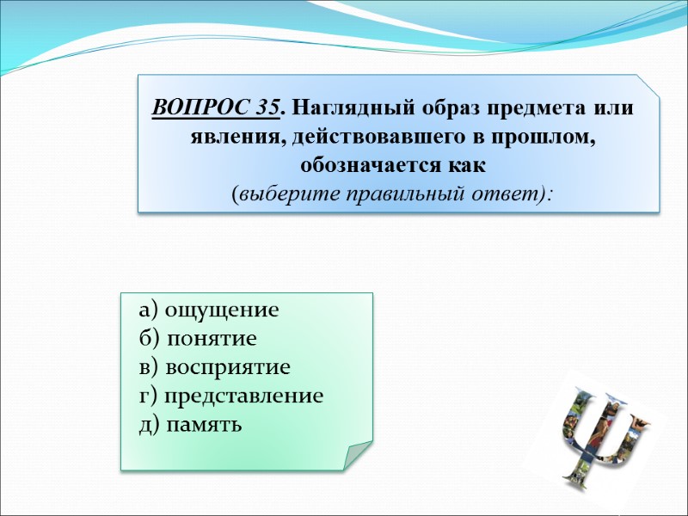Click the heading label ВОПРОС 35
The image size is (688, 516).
[216, 109]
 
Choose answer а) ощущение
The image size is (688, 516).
[208, 310]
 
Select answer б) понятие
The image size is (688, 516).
[198, 339]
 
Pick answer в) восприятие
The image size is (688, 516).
[214, 367]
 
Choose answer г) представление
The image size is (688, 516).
[230, 396]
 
